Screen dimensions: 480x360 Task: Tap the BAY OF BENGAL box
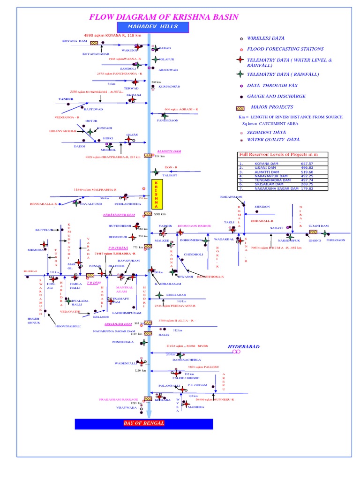coord(144,424)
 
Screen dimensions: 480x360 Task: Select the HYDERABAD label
coord(244,346)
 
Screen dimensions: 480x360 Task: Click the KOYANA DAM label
coord(75,41)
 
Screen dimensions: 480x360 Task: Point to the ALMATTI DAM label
coord(169,152)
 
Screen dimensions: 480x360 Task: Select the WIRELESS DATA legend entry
coord(265,38)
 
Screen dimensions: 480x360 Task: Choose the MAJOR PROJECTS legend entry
coord(270,107)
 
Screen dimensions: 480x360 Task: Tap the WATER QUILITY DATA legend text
coord(273,140)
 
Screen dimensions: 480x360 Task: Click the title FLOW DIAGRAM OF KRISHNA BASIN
coord(164,17)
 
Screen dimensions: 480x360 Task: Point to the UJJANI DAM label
coord(318,225)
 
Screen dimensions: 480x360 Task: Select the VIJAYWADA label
coord(126,408)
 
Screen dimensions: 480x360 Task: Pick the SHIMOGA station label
coord(35,250)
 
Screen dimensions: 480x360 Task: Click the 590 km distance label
coord(160,214)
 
